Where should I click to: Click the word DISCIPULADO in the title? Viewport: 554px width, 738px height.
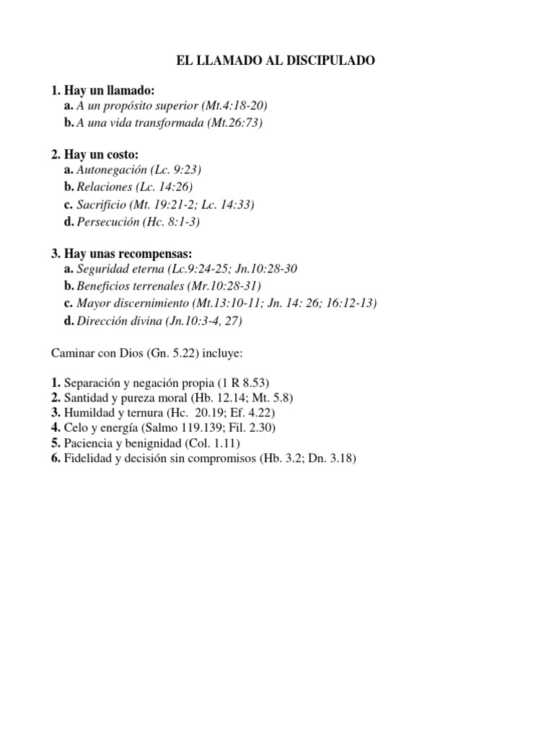[x=332, y=62]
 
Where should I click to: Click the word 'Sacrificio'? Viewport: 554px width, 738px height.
[x=101, y=205]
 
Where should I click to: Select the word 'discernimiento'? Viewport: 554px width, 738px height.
[x=151, y=303]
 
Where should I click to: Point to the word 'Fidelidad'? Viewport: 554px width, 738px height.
[x=87, y=458]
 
